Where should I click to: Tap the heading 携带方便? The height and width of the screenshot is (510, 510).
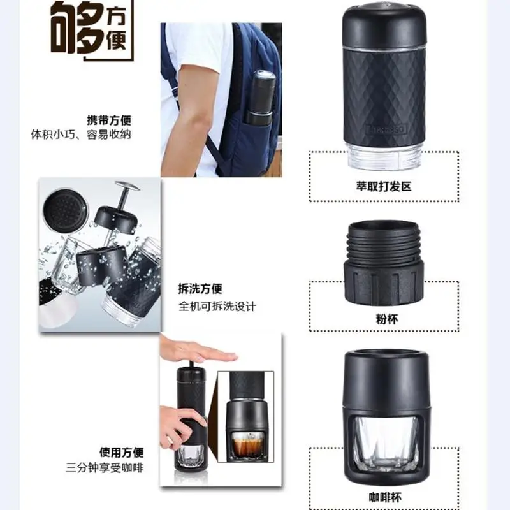click(x=109, y=120)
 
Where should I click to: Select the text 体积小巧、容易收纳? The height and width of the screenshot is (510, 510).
click(x=81, y=135)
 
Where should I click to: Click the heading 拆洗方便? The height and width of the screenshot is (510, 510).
click(x=200, y=289)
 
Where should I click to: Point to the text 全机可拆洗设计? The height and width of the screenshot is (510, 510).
click(x=217, y=307)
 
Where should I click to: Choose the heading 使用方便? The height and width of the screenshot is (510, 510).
click(x=121, y=452)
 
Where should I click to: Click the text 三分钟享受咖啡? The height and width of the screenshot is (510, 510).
click(x=105, y=468)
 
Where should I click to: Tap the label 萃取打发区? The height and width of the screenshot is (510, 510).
click(x=384, y=186)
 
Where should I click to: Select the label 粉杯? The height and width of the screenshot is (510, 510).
click(x=387, y=319)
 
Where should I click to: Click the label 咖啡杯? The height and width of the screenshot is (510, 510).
click(x=386, y=497)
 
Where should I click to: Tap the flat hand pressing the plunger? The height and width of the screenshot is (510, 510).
click(x=202, y=351)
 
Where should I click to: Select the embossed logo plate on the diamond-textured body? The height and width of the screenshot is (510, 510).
click(x=386, y=129)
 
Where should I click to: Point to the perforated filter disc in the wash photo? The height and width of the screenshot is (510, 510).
click(x=66, y=211)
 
